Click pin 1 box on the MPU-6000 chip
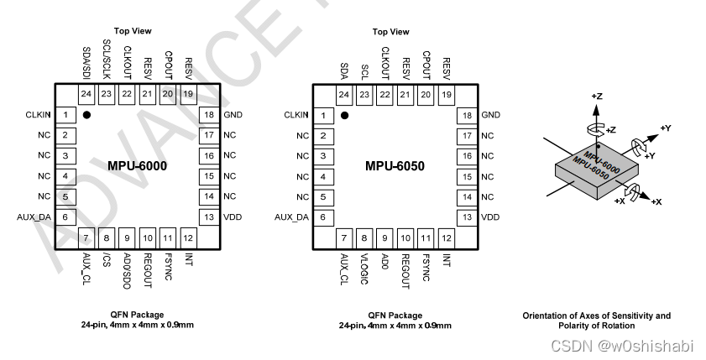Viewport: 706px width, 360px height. (65, 114)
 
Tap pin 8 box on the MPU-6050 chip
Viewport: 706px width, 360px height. (364, 237)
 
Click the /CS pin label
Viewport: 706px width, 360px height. (106, 260)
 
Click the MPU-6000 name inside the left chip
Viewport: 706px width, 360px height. (138, 166)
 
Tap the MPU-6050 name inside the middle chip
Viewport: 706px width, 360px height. (395, 166)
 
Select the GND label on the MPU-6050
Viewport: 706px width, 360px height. (491, 114)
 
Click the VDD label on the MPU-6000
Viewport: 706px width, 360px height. (233, 217)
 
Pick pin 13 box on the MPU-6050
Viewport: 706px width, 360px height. (467, 217)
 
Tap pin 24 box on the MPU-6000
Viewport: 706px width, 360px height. (86, 94)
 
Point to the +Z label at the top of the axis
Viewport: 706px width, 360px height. (596, 97)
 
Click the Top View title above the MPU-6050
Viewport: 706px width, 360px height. (391, 32)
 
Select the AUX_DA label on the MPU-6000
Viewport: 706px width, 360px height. (34, 217)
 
